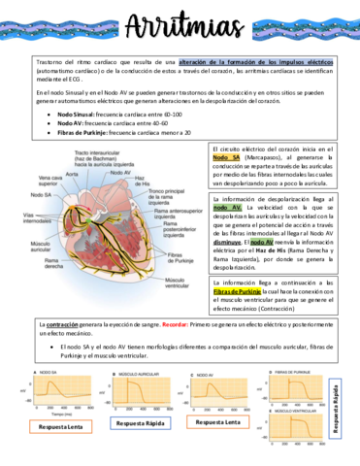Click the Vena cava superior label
51,181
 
